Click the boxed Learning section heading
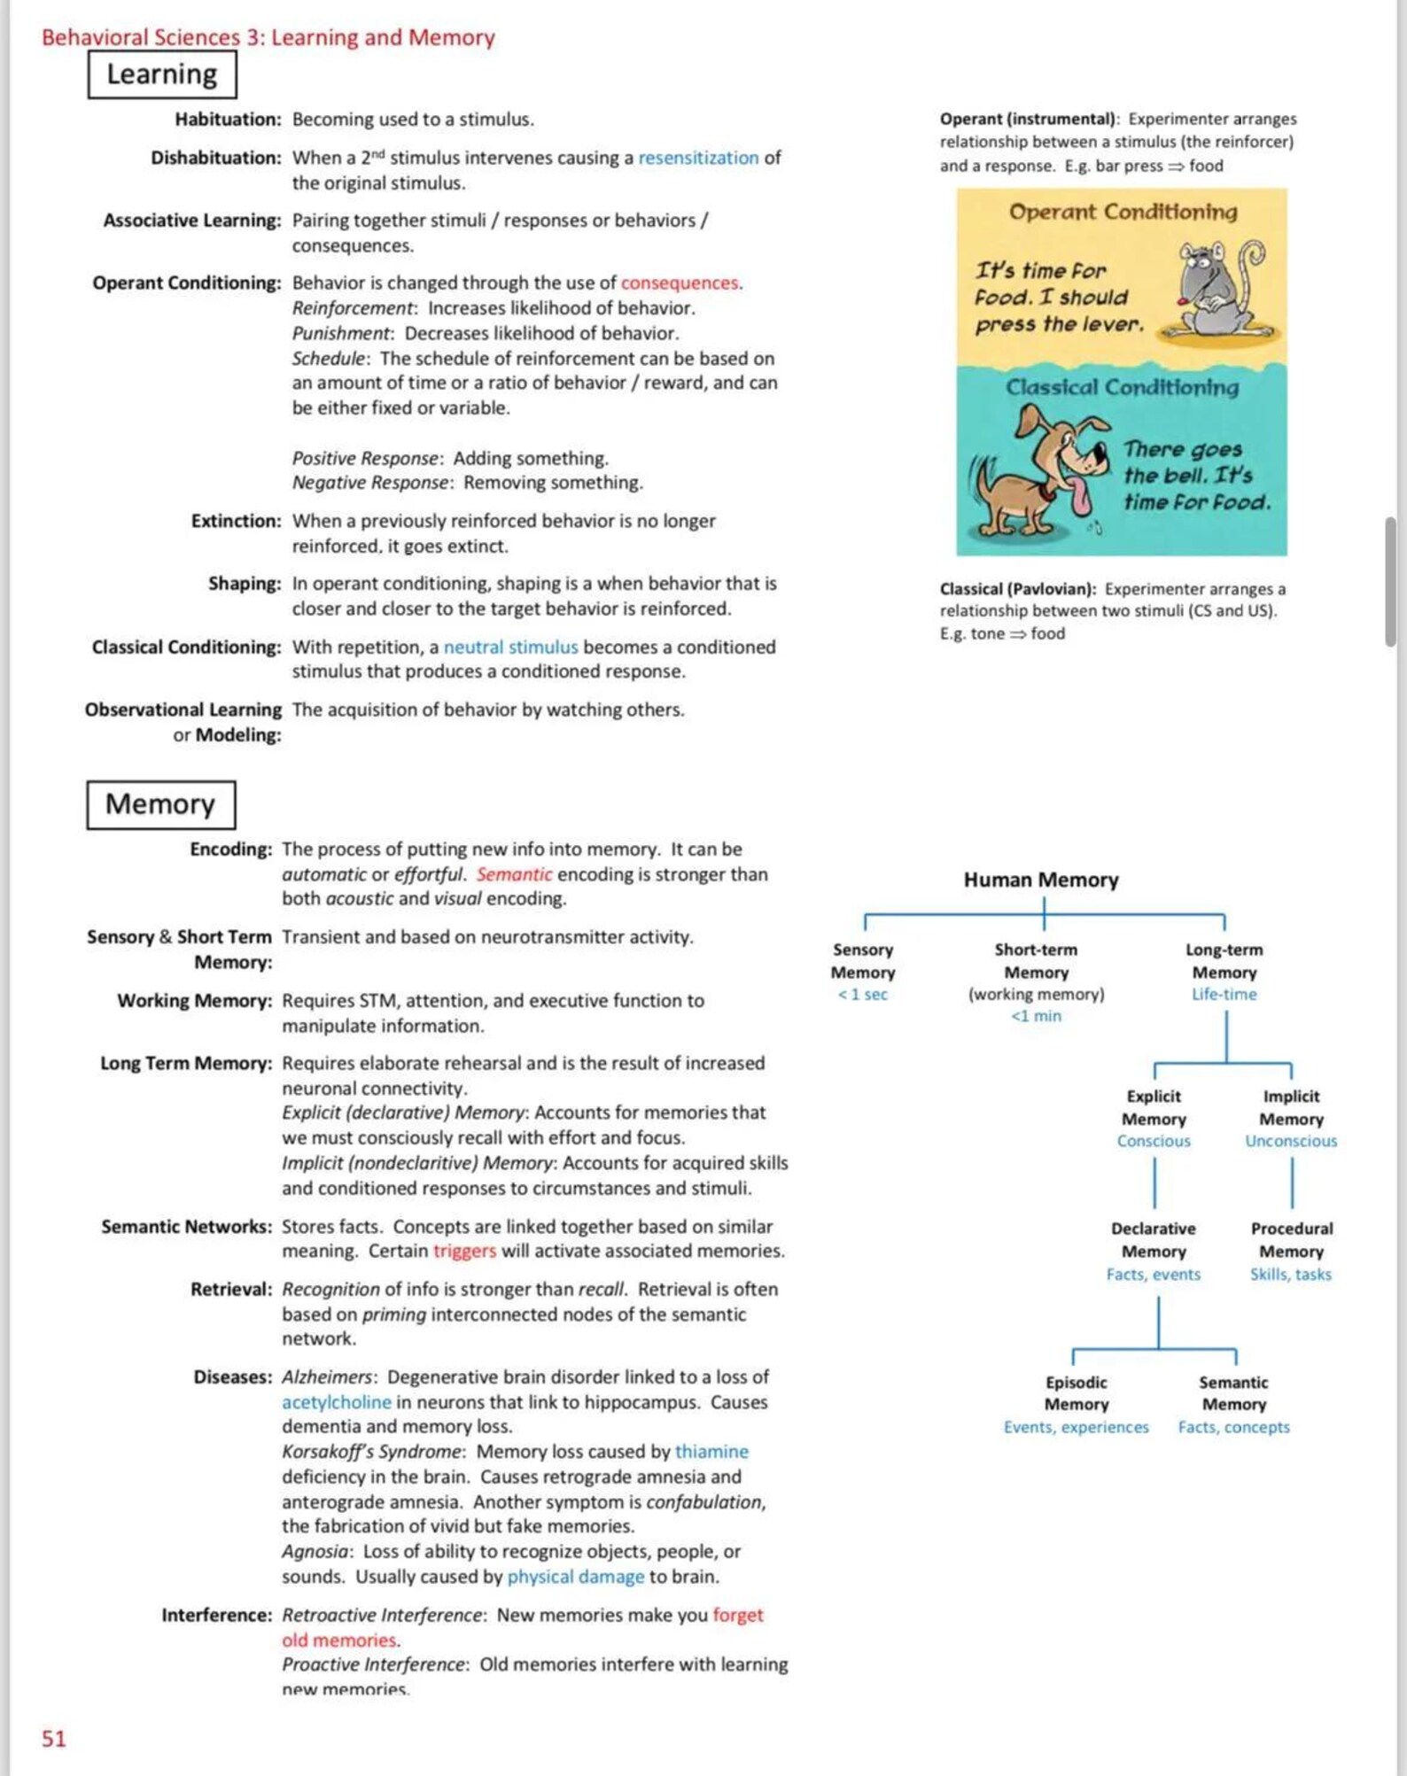[162, 74]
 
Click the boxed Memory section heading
[160, 804]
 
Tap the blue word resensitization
[698, 158]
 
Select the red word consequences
[680, 283]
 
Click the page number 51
[53, 1738]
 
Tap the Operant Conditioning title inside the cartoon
[1123, 212]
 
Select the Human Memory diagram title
[1041, 880]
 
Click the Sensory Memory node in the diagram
[862, 961]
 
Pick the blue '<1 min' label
[1036, 1016]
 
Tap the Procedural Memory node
[1291, 1240]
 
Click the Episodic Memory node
[1076, 1393]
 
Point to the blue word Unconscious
[1291, 1141]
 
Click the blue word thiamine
[711, 1451]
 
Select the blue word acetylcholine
[337, 1402]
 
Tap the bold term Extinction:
[236, 521]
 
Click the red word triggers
[464, 1251]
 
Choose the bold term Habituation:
[228, 119]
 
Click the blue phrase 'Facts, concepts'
[1233, 1427]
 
